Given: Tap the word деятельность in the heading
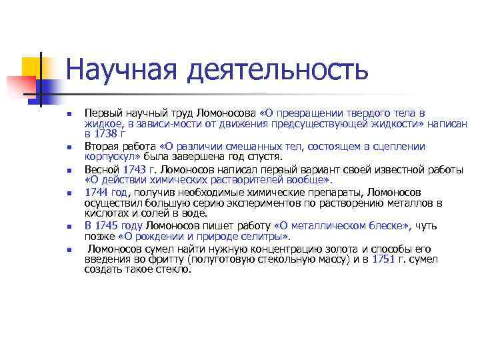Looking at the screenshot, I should [x=277, y=69].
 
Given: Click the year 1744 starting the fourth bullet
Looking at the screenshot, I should [x=96, y=192].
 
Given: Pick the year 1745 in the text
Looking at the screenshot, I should [x=108, y=226].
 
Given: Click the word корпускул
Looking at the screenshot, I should [x=105, y=157].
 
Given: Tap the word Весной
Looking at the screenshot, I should [x=100, y=169].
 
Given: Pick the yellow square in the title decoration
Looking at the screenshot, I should [x=32, y=67].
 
